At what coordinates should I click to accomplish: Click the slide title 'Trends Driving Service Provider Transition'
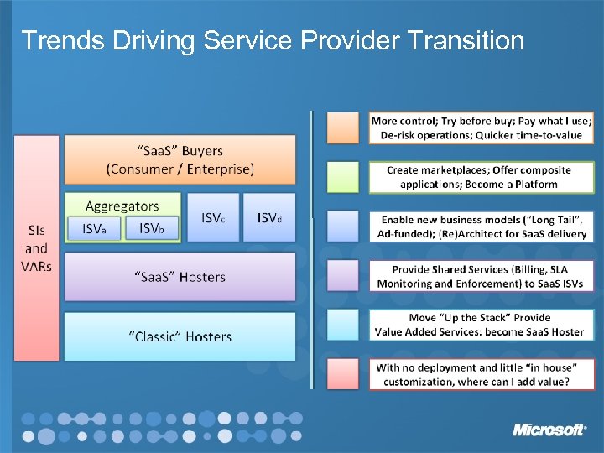273,40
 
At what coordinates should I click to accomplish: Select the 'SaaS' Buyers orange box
180,159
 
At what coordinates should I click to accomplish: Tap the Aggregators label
122,206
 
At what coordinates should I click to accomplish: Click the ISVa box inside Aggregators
100,228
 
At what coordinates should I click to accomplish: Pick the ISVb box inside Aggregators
152,228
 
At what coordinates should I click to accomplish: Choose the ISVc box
212,217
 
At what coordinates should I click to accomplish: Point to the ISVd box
269,217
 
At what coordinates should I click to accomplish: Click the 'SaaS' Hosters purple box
180,277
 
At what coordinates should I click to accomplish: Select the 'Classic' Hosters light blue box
180,336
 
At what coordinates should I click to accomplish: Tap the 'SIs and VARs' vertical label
36,248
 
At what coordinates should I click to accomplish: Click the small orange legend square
343,127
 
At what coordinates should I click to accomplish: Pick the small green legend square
343,176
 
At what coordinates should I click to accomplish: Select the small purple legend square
343,275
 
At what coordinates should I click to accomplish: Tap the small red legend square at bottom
343,374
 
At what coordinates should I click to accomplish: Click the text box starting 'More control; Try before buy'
482,127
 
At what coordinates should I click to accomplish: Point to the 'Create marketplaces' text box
482,176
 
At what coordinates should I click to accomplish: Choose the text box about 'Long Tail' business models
482,226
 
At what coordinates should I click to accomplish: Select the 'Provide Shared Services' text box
482,275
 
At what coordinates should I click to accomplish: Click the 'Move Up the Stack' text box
482,325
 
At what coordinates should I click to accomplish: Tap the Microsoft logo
549,430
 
